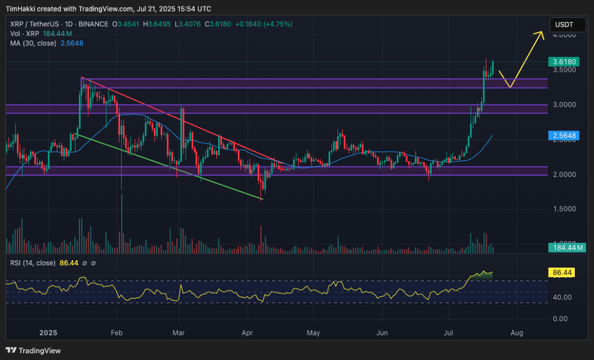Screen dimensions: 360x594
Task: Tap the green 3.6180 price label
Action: [x=563, y=61]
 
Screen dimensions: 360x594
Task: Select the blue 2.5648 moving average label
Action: [x=563, y=135]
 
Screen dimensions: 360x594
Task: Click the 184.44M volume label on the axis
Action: [x=567, y=248]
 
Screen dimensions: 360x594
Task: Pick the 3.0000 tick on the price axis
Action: [x=564, y=105]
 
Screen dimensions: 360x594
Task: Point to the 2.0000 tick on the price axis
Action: [x=564, y=174]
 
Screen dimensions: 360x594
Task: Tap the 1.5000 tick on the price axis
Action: [x=564, y=209]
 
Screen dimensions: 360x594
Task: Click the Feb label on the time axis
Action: [x=117, y=333]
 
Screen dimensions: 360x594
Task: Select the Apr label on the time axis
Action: [x=248, y=333]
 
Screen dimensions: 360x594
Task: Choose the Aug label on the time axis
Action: [x=517, y=333]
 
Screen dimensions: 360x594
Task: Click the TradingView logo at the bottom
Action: [x=33, y=350]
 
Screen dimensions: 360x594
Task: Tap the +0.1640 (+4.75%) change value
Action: [x=265, y=24]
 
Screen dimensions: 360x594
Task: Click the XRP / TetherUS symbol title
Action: [x=34, y=24]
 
